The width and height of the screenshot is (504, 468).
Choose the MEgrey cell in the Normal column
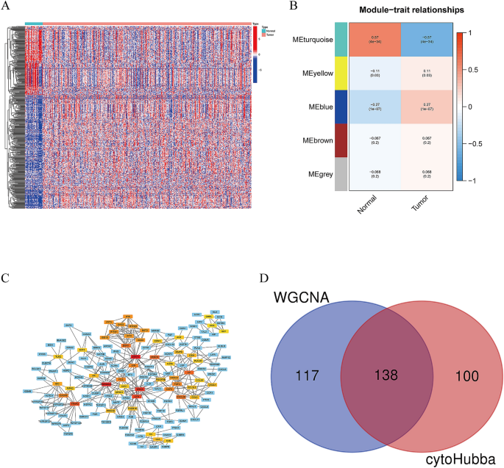375,174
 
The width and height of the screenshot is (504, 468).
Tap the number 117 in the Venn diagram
307,375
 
